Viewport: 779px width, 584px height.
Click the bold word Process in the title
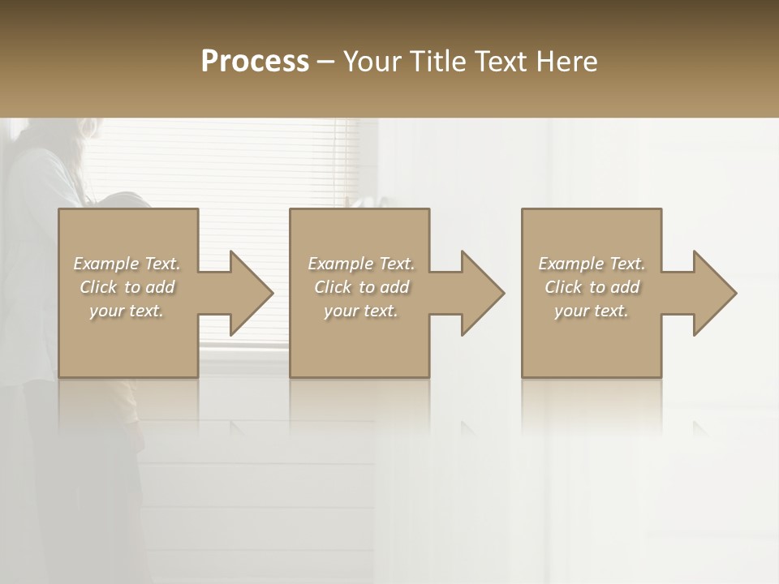pyautogui.click(x=255, y=62)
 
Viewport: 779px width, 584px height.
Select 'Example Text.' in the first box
pyautogui.click(x=127, y=264)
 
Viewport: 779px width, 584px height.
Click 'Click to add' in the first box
pyautogui.click(x=127, y=287)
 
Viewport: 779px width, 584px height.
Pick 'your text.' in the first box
pyautogui.click(x=127, y=311)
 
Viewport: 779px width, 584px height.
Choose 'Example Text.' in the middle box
pyautogui.click(x=360, y=264)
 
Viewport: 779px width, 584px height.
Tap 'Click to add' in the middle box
pyautogui.click(x=360, y=287)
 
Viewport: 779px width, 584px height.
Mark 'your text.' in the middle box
pyautogui.click(x=360, y=311)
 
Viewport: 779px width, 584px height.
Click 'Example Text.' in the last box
pyautogui.click(x=592, y=264)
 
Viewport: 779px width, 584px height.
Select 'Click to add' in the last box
pyautogui.click(x=592, y=287)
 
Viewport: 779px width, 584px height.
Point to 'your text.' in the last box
pyautogui.click(x=592, y=311)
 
